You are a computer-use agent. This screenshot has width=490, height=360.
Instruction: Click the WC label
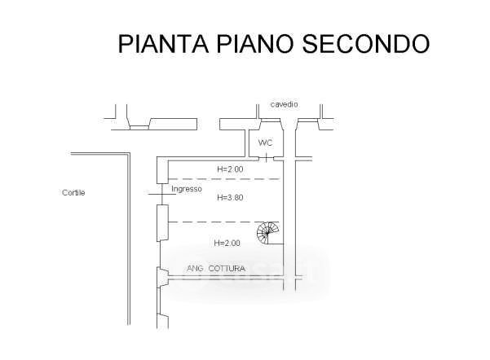pos(265,143)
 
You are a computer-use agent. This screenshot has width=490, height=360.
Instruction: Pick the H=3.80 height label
pos(231,197)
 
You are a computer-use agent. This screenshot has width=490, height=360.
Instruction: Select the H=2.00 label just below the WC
pos(229,169)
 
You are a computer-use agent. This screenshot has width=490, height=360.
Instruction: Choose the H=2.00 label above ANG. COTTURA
pos(227,243)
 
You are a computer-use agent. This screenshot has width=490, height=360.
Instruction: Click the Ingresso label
pos(187,189)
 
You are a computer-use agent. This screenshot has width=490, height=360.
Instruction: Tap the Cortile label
pos(73,193)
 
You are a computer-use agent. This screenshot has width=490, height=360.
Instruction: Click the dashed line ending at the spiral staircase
pos(216,222)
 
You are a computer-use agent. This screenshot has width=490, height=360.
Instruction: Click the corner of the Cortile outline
pos(130,154)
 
